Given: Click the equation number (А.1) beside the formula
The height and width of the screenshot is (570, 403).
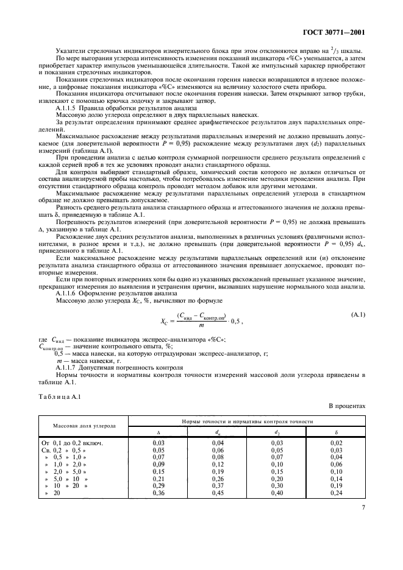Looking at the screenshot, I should (358, 314).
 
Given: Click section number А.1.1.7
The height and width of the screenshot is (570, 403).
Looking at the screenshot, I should (68, 368).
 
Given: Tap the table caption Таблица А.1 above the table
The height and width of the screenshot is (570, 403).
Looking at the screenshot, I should (56, 398).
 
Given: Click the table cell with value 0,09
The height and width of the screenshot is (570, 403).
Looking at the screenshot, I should (159, 464).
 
